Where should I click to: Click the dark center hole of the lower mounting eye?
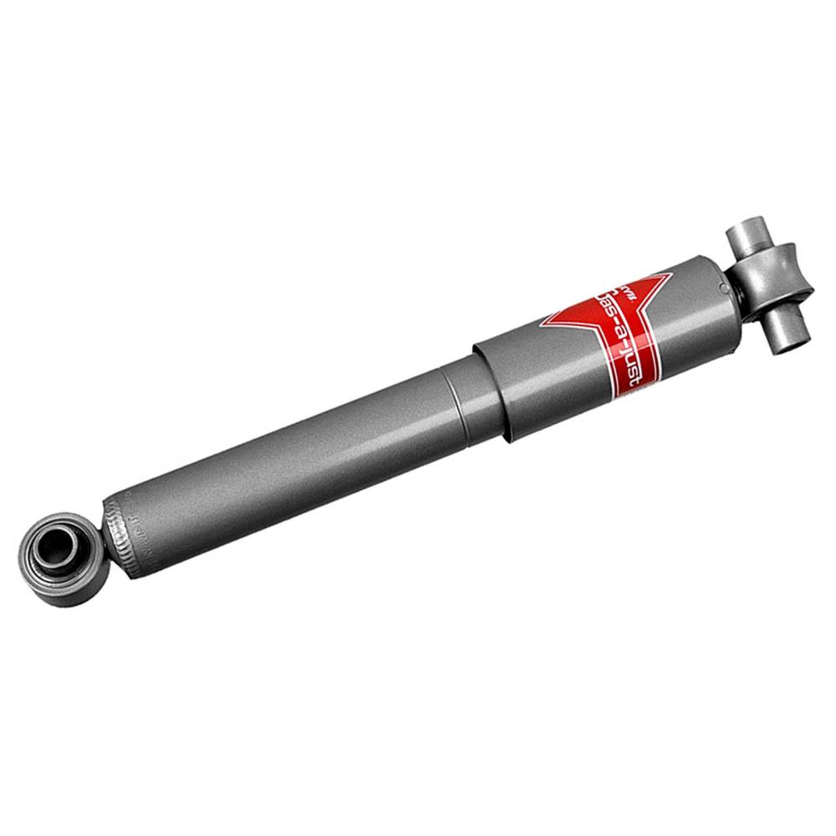pyautogui.click(x=60, y=551)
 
